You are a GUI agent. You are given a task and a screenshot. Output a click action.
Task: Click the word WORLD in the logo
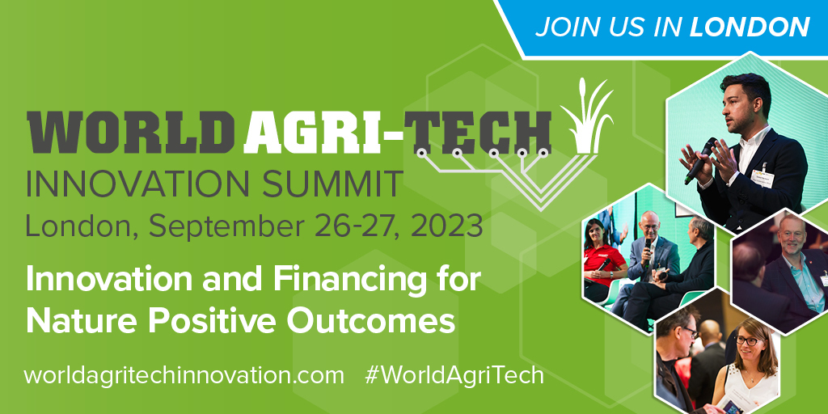(130, 132)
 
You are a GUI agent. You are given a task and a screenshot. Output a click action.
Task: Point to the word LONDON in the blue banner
(750, 27)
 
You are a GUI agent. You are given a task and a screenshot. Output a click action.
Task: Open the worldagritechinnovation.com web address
(184, 375)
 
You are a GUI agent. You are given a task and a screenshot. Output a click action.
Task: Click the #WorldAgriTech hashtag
(454, 375)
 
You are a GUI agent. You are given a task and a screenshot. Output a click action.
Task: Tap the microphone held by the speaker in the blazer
(700, 161)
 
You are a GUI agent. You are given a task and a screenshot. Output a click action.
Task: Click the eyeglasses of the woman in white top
(747, 340)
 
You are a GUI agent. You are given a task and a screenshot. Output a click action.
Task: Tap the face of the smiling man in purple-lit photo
(792, 236)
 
